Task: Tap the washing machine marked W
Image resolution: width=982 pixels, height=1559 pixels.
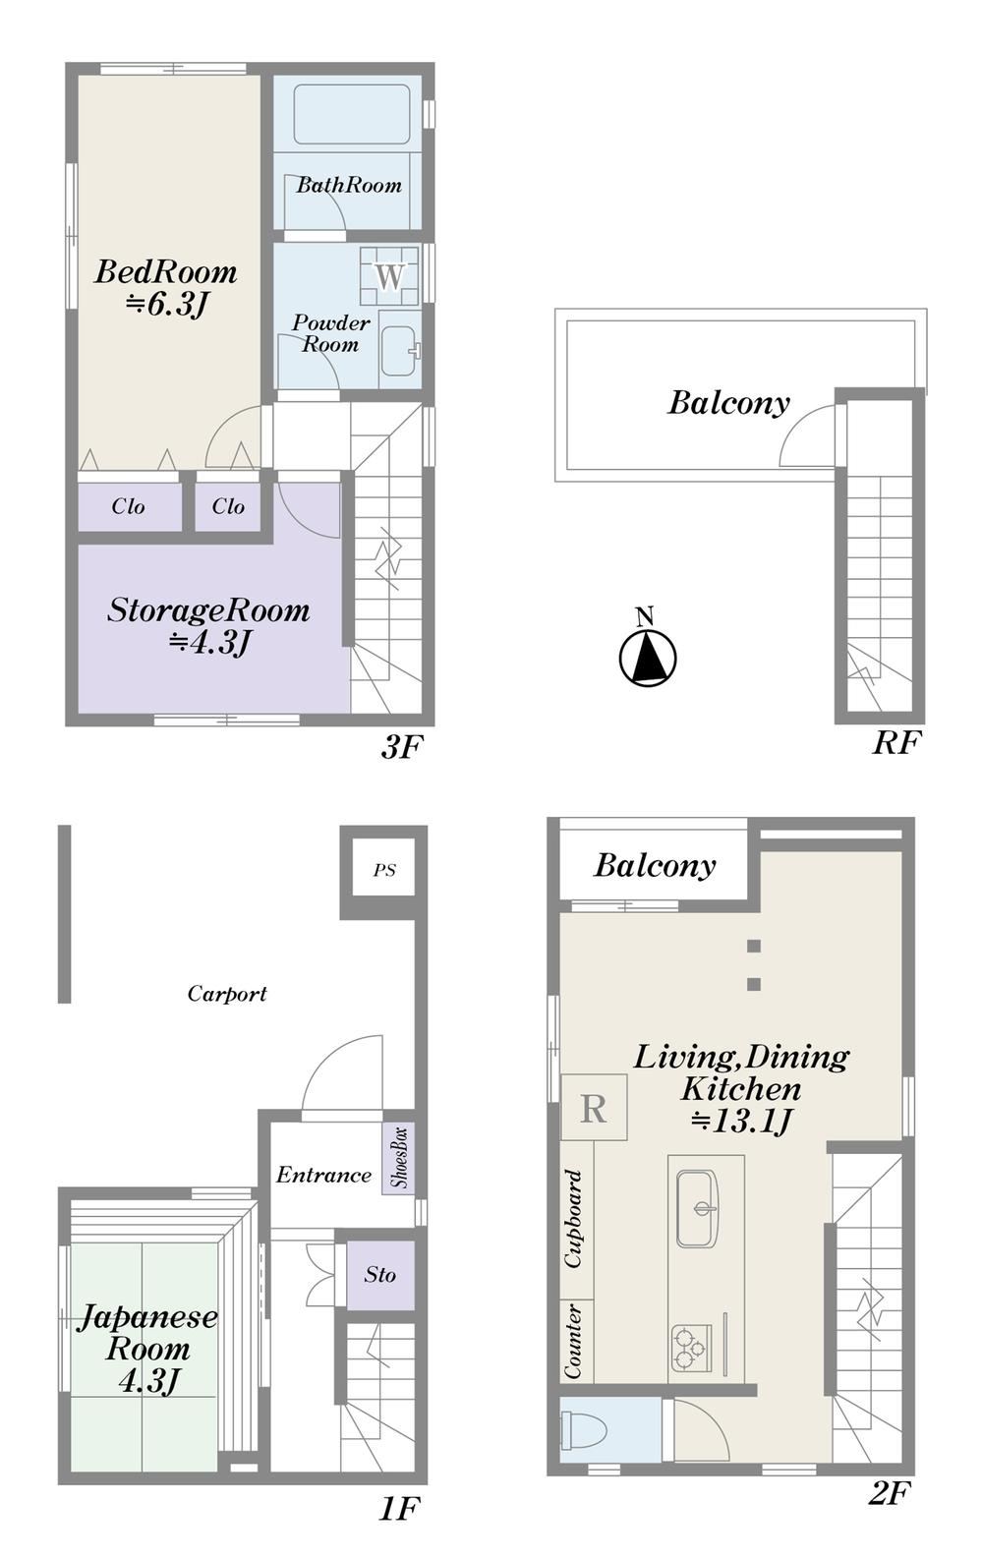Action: (389, 275)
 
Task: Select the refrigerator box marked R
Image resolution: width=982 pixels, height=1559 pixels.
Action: (594, 1107)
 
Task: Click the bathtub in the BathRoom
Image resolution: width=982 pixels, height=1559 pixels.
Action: (352, 114)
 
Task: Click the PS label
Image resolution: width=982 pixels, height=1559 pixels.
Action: (384, 870)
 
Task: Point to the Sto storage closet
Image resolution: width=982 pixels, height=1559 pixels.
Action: (380, 1274)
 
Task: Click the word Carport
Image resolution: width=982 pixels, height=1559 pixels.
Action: (228, 993)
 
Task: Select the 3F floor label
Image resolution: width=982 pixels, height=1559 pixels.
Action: (402, 747)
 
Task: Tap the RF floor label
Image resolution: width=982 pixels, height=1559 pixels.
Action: (896, 742)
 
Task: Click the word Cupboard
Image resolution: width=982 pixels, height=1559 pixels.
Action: (573, 1218)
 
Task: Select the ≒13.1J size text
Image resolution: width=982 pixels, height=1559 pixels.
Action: (742, 1121)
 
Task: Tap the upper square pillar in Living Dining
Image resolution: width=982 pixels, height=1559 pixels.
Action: (753, 946)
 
